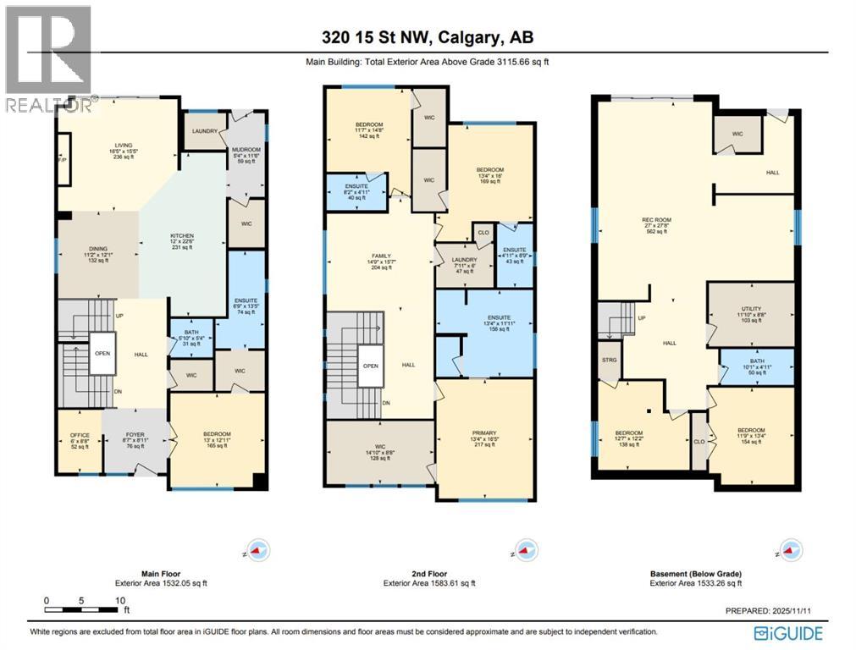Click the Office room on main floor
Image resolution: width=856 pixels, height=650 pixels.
[79, 440]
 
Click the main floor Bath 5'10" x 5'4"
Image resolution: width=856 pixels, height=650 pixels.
[185, 337]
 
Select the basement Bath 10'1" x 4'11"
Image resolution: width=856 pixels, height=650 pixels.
[757, 366]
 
